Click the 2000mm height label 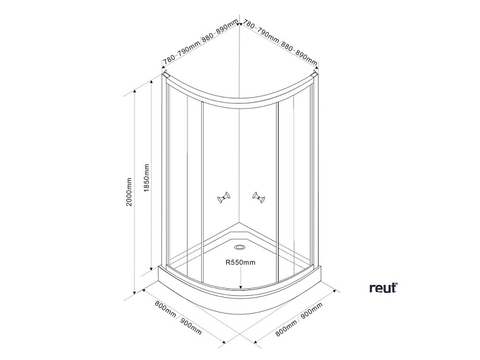[130, 191]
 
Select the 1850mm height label [147, 179]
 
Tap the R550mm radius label [240, 262]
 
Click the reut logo [383, 288]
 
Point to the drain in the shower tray [240, 248]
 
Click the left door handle [223, 198]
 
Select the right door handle [257, 198]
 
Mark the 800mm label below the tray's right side [287, 327]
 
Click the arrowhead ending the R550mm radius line [240, 286]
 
